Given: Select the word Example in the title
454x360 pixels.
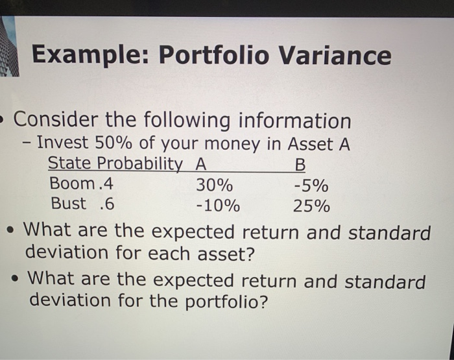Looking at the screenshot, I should [90, 56].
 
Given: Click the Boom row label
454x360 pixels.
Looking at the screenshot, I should [71, 184].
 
